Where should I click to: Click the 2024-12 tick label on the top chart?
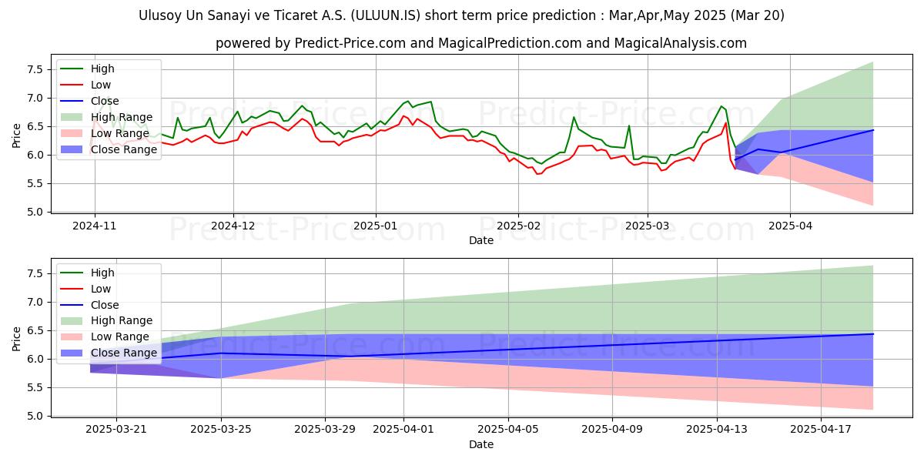point(233,226)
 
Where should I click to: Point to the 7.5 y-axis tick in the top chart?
point(33,69)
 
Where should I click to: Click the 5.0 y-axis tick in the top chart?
point(33,212)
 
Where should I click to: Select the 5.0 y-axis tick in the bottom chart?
point(33,416)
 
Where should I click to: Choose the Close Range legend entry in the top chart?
point(124,149)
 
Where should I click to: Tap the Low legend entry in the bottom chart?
point(101,289)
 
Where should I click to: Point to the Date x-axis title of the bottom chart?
point(481,444)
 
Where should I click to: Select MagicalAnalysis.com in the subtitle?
point(680,43)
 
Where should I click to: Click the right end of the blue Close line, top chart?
point(872,130)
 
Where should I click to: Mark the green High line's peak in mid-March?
point(721,106)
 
